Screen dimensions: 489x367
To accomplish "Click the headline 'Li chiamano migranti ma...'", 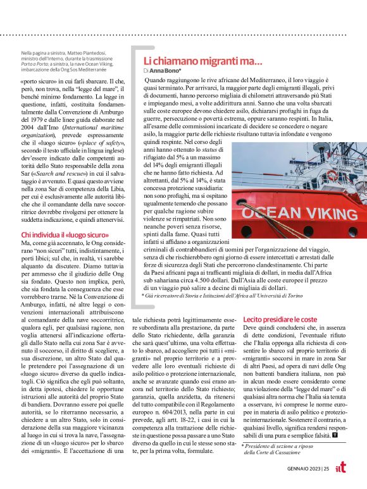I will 202,61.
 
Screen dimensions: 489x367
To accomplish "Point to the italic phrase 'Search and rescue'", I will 60,172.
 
